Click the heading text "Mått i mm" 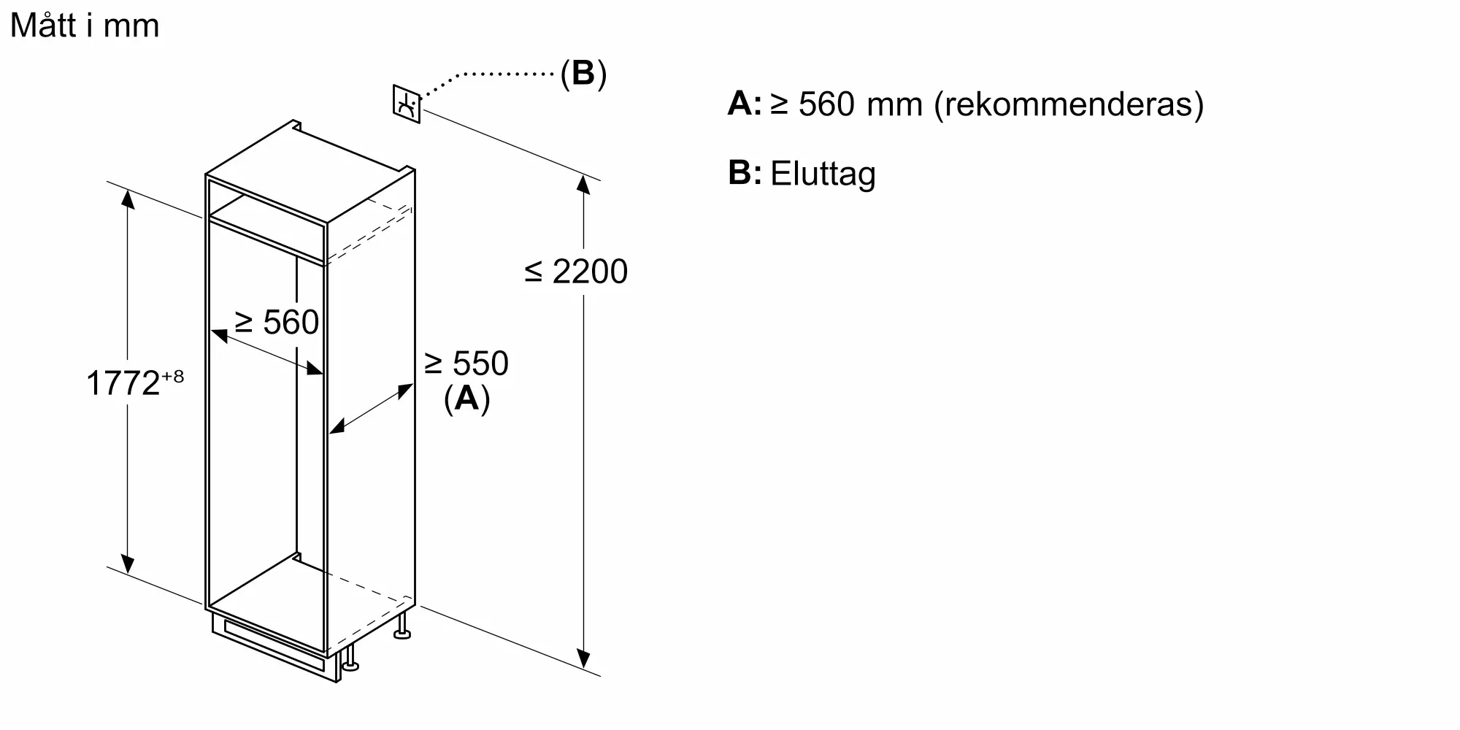85,26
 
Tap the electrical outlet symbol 407,104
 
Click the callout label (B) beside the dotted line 583,74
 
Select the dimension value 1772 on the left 123,383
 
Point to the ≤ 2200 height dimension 576,272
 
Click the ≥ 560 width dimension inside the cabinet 277,322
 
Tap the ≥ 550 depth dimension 466,364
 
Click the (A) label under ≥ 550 466,399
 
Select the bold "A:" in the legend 745,104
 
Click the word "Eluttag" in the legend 823,174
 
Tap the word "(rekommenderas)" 1069,104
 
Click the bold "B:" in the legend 745,173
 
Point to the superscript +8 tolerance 172,376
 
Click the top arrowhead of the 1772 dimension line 128,198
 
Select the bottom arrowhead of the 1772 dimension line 128,564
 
